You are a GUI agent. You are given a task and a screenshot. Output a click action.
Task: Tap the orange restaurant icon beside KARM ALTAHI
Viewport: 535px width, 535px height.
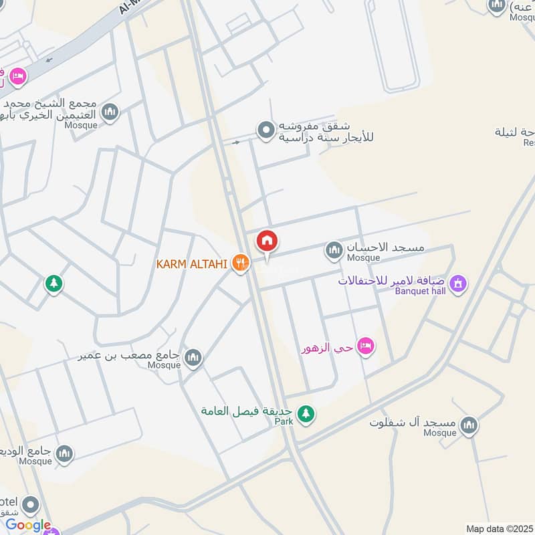pos(240,263)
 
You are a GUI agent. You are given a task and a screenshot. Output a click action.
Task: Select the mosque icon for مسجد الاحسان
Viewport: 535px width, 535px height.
pos(333,251)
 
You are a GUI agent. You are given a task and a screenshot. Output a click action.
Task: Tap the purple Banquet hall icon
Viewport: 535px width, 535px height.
pos(458,284)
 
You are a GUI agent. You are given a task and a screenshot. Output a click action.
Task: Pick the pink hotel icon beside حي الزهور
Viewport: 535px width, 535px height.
pos(365,346)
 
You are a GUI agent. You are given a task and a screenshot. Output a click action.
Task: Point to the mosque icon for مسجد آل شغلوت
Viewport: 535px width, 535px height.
pos(469,425)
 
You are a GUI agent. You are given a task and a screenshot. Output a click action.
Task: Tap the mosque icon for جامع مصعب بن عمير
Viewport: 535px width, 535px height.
pos(193,358)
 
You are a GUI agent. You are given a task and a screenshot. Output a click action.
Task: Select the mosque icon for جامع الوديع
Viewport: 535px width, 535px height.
pos(64,454)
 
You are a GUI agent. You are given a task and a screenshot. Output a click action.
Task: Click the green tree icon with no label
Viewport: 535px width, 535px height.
pos(54,284)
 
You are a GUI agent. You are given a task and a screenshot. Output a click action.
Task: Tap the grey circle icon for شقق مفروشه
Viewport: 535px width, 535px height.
pos(266,130)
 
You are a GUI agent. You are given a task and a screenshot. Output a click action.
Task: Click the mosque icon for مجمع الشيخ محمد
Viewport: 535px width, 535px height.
pos(110,112)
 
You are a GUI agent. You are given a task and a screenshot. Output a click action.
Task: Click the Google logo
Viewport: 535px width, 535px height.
pos(28,526)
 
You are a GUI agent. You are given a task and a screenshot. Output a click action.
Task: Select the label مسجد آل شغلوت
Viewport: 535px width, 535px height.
pos(413,423)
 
